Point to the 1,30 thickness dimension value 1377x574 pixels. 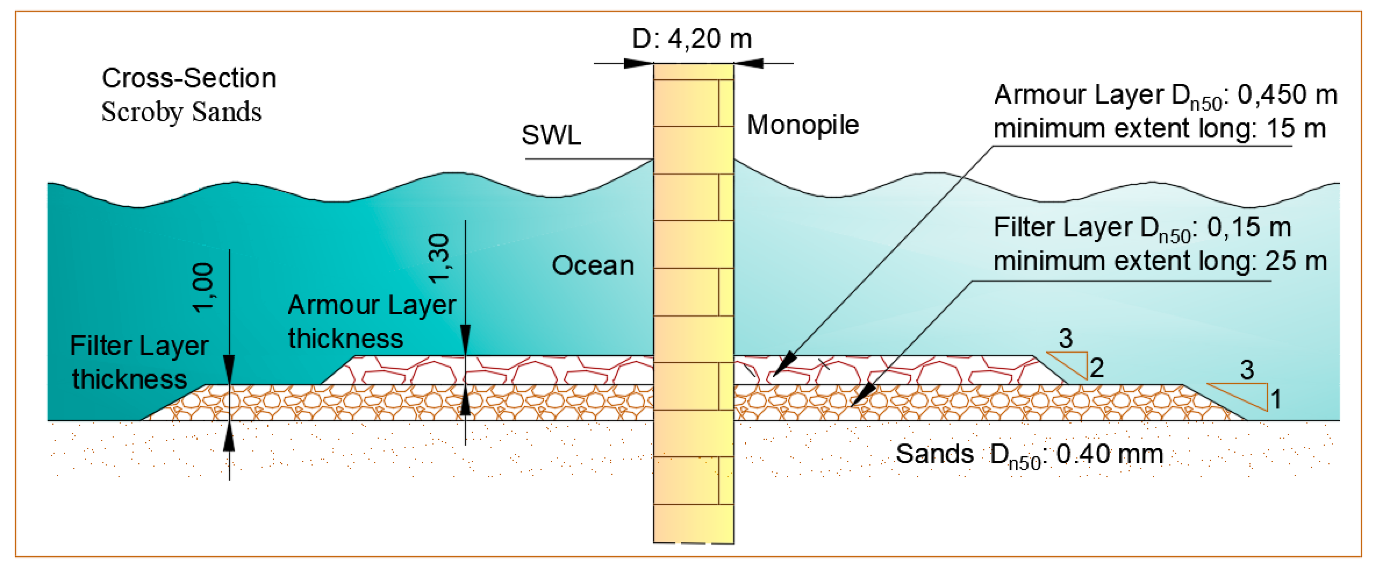coord(439,258)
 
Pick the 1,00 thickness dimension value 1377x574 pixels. coord(203,288)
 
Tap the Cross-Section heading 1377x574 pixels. coord(189,79)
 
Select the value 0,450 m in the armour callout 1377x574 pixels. coord(1287,95)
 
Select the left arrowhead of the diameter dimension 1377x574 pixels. coord(639,63)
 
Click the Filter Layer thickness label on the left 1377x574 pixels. coord(139,363)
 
